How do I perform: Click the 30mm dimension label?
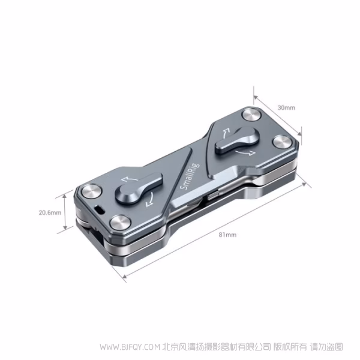tap(286, 108)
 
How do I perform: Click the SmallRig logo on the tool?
tap(186, 179)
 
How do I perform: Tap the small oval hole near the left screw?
tap(98, 209)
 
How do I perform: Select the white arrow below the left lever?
tap(151, 199)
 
